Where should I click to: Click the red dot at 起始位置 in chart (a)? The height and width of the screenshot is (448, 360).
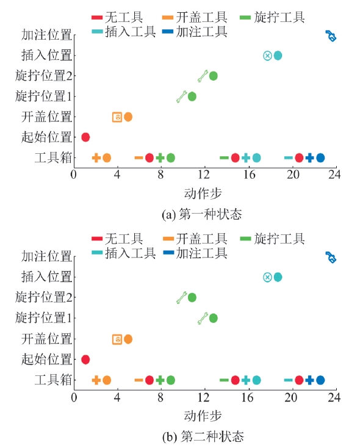tap(85, 137)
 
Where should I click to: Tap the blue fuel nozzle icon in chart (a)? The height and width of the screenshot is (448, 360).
tap(331, 36)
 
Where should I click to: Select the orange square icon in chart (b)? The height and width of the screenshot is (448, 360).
tap(117, 339)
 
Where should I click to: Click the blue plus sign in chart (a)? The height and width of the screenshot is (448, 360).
tap(309, 157)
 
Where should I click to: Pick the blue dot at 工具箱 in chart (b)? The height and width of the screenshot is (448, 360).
tap(320, 380)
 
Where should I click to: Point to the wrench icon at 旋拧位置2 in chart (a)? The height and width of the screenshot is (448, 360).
tap(203, 76)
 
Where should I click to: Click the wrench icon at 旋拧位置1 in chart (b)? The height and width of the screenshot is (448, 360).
tap(203, 318)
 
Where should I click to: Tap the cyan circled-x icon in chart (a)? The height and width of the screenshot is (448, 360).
tap(267, 56)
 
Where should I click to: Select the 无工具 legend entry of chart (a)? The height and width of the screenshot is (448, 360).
tap(117, 17)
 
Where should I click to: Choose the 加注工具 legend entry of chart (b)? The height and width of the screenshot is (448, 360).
tap(195, 253)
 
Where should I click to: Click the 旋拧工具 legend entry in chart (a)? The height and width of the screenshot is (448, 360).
tap(272, 17)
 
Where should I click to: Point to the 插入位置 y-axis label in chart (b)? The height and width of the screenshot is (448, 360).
tap(46, 277)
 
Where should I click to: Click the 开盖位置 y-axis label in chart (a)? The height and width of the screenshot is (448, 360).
tap(46, 117)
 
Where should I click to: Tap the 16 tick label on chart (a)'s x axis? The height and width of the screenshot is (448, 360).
tap(249, 175)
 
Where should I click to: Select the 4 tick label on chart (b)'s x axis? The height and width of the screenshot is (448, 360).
tap(117, 397)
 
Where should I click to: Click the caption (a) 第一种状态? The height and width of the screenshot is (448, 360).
tap(202, 214)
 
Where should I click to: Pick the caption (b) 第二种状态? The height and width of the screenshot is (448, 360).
tap(203, 436)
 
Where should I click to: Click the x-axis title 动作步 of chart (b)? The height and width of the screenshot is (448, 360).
tap(203, 416)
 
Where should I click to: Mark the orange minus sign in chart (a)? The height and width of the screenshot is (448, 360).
tap(139, 157)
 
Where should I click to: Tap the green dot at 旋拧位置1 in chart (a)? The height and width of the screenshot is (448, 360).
tap(192, 96)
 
